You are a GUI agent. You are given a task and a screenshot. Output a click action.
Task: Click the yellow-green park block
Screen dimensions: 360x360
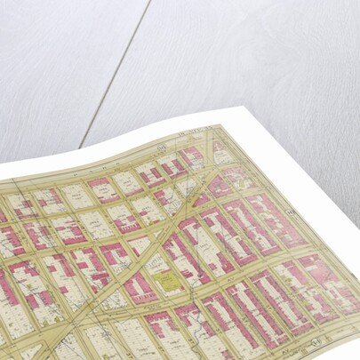point(169,284)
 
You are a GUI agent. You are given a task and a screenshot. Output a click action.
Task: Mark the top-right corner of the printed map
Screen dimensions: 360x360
point(233,124)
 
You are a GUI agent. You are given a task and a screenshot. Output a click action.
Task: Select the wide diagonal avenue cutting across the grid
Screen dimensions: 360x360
point(151,240)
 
